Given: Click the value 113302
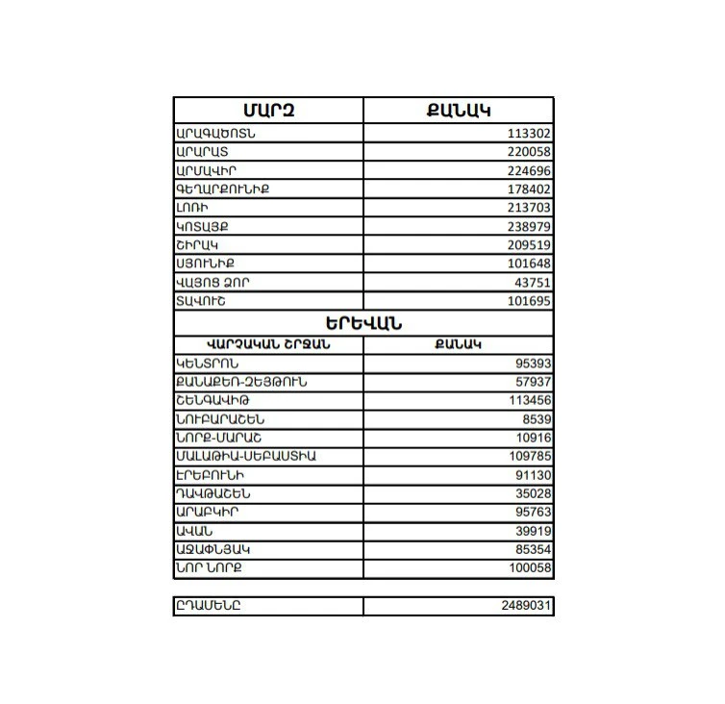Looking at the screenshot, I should click(530, 135).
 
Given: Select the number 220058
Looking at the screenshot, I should click(530, 153).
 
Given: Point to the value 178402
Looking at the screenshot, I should click(530, 190).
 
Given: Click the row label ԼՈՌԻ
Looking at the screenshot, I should click(192, 209).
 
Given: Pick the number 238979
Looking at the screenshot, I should click(530, 228).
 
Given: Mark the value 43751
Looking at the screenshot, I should click(534, 284).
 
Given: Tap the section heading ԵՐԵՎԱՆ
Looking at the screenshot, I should click(363, 323).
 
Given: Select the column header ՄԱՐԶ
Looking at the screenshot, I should click(268, 110).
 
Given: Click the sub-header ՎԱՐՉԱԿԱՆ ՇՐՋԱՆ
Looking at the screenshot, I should click(268, 344).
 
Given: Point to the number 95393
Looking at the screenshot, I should click(534, 365).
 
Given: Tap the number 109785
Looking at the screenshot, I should click(530, 457).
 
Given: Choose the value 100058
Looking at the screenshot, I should click(530, 568).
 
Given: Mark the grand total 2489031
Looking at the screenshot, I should click(526, 606).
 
